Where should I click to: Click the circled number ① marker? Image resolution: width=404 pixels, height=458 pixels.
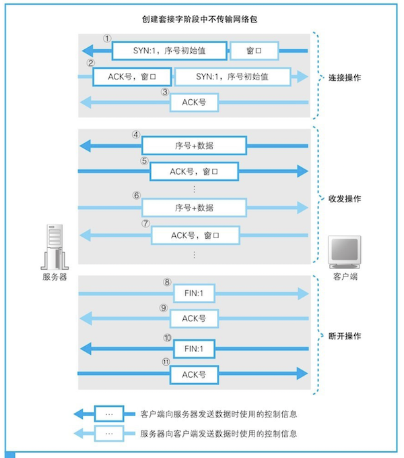106,38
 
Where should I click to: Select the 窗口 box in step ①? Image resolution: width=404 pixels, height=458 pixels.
254,51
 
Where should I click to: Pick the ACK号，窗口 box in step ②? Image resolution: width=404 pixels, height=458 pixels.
131,77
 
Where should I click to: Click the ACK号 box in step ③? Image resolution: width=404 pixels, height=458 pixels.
194,102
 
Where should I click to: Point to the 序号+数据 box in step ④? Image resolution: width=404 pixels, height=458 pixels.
194,146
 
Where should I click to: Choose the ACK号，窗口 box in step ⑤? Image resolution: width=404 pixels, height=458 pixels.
195,171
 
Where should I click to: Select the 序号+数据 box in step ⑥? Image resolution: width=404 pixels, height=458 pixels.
194,206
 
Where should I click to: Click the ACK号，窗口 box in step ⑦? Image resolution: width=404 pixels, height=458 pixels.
195,235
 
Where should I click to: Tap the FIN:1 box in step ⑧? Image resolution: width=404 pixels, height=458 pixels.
194,293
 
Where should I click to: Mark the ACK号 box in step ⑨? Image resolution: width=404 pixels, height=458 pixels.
194,318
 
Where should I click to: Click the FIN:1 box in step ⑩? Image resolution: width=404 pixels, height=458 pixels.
194,348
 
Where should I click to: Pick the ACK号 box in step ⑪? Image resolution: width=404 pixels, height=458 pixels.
194,373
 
